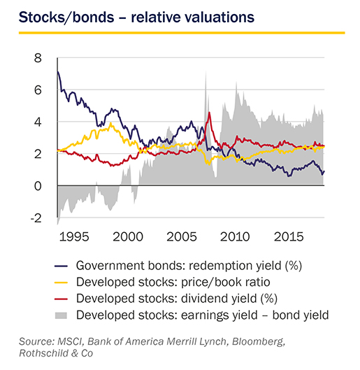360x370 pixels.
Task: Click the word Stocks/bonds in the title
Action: tap(66, 17)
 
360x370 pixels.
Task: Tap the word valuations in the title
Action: tap(214, 17)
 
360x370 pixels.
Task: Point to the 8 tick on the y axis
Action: tap(38, 58)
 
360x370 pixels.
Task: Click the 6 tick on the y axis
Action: tap(38, 90)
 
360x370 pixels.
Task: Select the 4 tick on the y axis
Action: tap(38, 122)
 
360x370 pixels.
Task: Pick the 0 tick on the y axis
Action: tap(38, 186)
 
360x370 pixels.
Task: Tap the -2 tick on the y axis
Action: tap(36, 218)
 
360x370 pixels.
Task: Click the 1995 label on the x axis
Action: tap(74, 236)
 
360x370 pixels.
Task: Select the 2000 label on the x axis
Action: tap(128, 236)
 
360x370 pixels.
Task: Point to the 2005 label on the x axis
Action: tap(182, 236)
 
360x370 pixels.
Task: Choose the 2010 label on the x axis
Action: tap(235, 236)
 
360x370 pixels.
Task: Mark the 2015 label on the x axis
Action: tap(289, 236)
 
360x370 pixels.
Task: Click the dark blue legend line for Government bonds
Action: tap(61, 266)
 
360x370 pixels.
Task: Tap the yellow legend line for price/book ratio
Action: tap(61, 283)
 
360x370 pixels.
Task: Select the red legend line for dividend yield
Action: tap(61, 299)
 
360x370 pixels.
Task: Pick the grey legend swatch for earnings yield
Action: tap(61, 315)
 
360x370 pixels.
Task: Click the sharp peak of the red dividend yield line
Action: tap(209, 113)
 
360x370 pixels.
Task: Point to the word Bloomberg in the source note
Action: tap(259, 342)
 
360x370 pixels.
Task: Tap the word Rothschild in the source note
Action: tap(43, 353)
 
